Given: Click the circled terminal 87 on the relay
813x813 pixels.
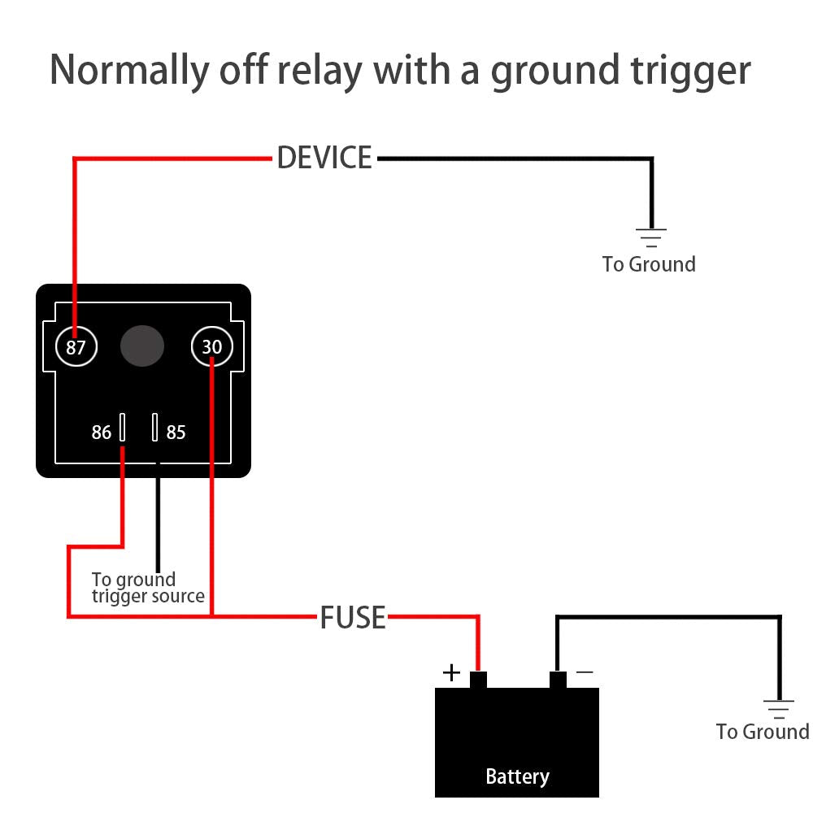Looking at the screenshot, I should coord(76,348).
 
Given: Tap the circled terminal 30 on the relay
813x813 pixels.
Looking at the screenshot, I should coord(211,348).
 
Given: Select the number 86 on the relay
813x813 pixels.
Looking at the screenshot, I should coord(101,433).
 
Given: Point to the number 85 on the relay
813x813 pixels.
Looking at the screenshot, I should coord(176,433).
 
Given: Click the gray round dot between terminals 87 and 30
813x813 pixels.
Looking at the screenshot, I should coord(142,347).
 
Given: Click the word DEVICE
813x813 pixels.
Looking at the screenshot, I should coord(324,158).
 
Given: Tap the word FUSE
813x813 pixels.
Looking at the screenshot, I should coord(352,618).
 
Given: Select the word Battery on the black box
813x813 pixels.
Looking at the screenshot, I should coord(517,776).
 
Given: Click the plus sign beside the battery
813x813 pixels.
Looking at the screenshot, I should coord(451,672).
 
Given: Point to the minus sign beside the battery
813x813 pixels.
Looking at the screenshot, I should coord(584,672).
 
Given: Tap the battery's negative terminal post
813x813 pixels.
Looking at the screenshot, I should coord(558,680).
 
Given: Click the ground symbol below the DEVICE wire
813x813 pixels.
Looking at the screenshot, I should coord(650,237).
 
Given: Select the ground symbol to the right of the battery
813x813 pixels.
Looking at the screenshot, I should coord(779,708).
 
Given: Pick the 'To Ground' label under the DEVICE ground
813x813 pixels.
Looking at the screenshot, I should coord(649,264).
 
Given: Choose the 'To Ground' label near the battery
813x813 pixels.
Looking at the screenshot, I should coord(763,732).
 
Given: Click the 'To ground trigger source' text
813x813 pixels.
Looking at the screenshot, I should coord(146,588).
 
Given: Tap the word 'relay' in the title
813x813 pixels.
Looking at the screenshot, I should coord(320,71).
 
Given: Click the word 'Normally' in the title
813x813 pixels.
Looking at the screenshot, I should coord(128,71).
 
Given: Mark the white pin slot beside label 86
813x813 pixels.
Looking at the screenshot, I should coord(123,427).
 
